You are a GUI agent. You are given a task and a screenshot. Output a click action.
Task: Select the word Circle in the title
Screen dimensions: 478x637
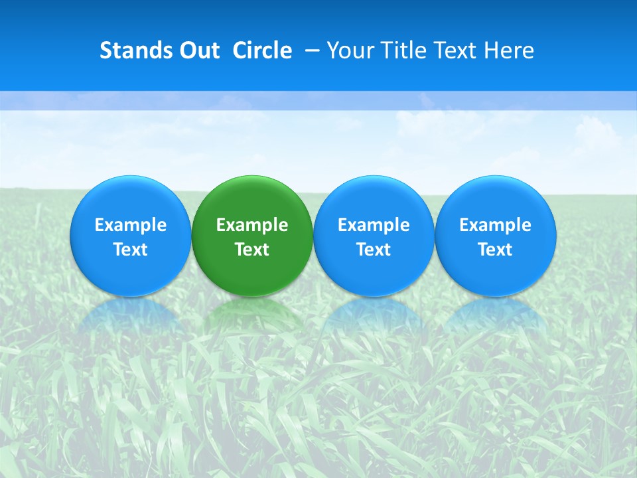tap(262, 50)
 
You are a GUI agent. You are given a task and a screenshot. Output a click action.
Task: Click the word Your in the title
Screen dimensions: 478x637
tap(347, 50)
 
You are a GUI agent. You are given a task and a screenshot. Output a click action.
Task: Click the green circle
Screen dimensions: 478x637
tap(252, 199)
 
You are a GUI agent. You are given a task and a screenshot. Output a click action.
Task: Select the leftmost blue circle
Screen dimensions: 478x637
tap(131, 199)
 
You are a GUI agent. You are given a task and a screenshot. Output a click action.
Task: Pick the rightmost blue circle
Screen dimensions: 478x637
tap(496, 199)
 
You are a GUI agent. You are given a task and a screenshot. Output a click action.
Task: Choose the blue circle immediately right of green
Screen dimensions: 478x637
tap(374, 199)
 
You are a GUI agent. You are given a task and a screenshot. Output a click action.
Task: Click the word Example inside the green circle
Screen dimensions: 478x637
tap(252, 225)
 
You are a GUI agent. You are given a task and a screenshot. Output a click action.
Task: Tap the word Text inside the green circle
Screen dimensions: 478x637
tap(252, 250)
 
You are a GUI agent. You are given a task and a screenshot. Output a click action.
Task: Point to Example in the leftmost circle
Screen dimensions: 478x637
tap(131, 225)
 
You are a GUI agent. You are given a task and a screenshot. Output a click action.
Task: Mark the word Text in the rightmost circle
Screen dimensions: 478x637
tap(496, 250)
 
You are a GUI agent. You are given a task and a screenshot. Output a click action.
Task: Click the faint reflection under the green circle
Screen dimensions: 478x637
tap(252, 315)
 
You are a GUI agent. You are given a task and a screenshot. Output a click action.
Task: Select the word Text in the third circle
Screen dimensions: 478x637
tap(374, 250)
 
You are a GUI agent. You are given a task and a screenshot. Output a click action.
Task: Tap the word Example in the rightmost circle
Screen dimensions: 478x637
tap(496, 225)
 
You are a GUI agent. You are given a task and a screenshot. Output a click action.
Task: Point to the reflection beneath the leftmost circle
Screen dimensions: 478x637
tap(131, 315)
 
